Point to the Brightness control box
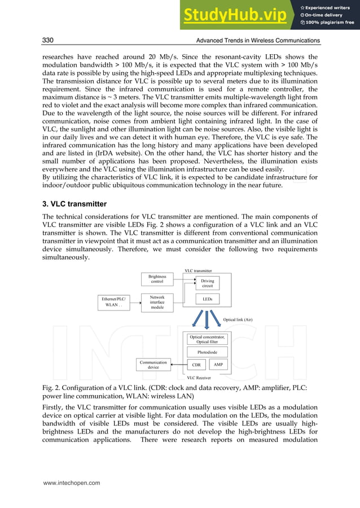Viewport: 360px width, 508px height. coord(157,279)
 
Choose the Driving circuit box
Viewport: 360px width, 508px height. coord(207,283)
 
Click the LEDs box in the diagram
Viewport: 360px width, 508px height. coord(207,300)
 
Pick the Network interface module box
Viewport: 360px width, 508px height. coord(157,303)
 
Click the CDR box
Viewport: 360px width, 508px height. coord(196,365)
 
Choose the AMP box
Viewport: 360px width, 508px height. coord(218,365)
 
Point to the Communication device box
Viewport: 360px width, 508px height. coord(153,365)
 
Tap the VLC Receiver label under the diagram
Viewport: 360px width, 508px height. coord(199,378)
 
